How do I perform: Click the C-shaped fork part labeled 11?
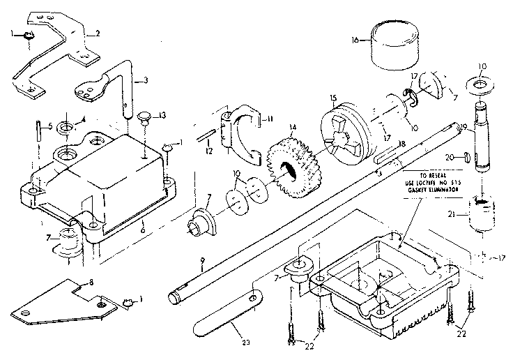point(238,130)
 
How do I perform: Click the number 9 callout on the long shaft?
point(201,261)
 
